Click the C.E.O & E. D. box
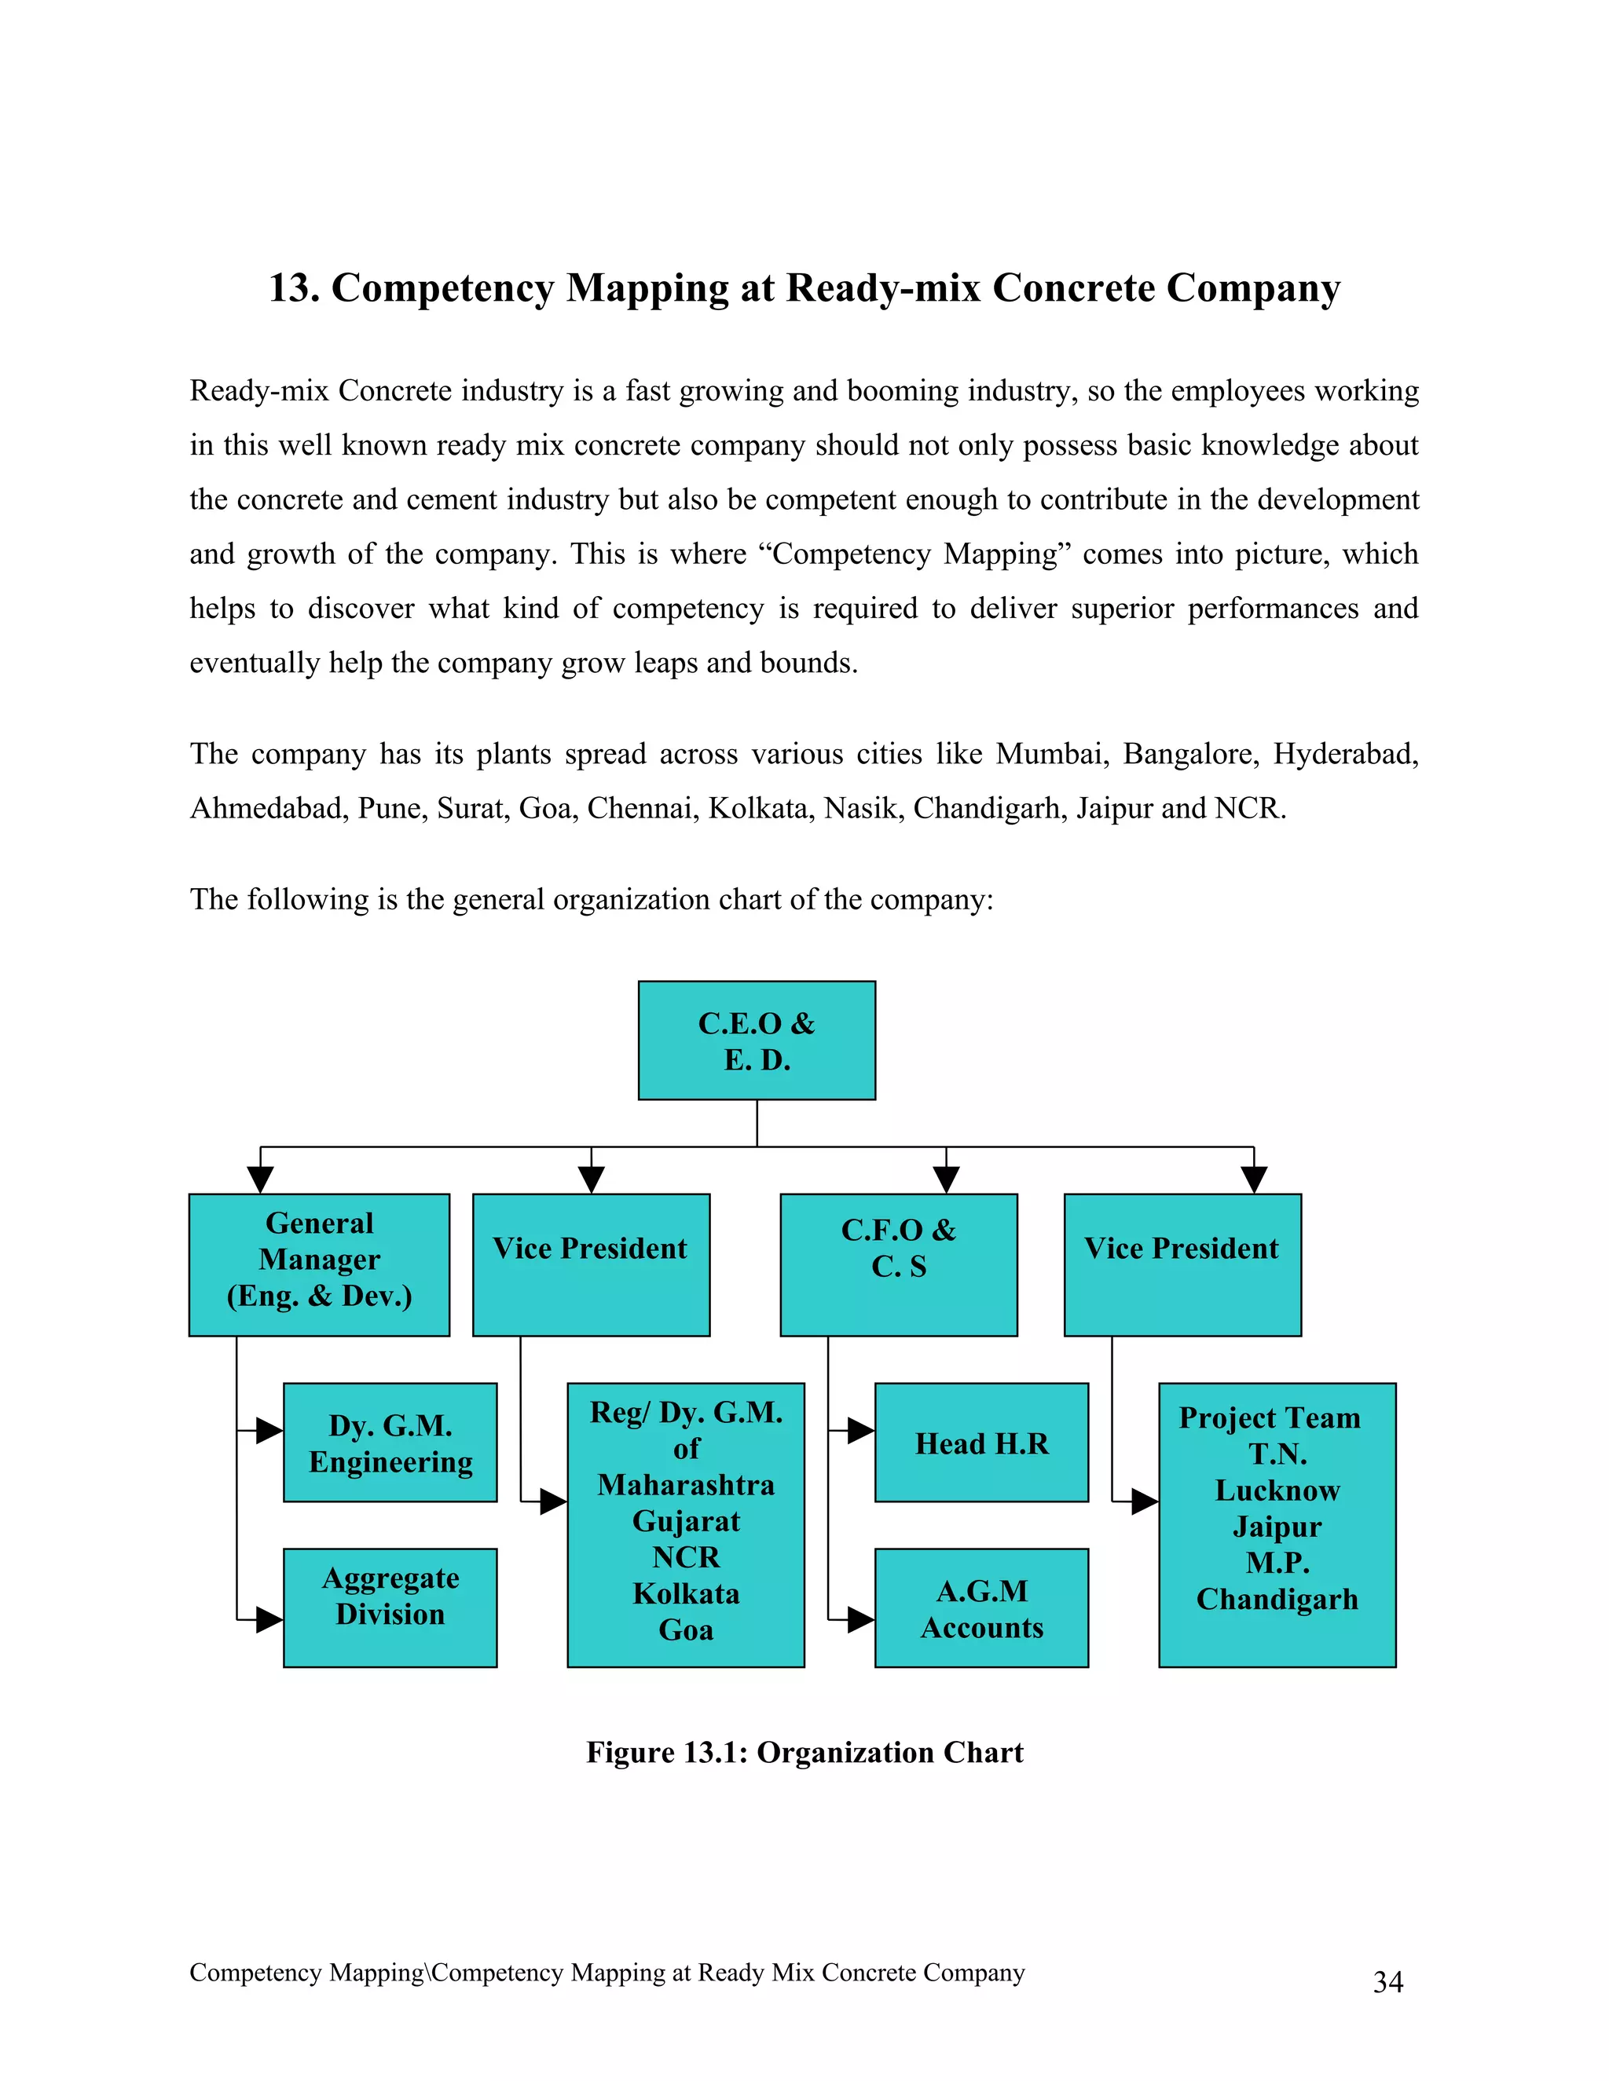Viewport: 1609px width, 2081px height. [x=756, y=1040]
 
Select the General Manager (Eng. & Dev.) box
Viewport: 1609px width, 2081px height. [x=318, y=1264]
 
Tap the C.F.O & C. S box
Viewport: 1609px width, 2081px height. [x=898, y=1264]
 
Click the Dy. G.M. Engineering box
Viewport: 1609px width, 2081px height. [x=390, y=1443]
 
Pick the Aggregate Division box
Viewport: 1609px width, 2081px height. [x=390, y=1607]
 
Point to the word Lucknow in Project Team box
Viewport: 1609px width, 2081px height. [x=1277, y=1490]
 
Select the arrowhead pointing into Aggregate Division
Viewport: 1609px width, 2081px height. [x=269, y=1619]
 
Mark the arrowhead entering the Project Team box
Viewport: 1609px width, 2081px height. [x=1144, y=1501]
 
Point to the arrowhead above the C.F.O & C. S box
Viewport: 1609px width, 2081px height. [x=946, y=1179]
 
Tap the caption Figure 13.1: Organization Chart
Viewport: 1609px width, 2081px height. [x=804, y=1752]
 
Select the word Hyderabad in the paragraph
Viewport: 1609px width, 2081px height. [x=1344, y=754]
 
